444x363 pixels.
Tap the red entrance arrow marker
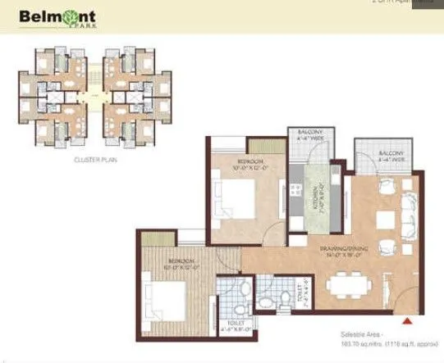click(x=410, y=320)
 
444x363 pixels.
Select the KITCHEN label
click(x=314, y=199)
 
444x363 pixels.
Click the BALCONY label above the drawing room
click(x=391, y=156)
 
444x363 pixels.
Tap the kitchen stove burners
click(x=295, y=191)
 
